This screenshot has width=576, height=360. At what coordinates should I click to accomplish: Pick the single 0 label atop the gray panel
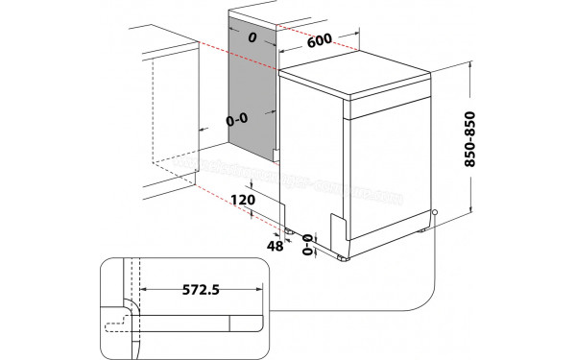(251, 37)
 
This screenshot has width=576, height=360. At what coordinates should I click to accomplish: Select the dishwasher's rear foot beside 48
(289, 232)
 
